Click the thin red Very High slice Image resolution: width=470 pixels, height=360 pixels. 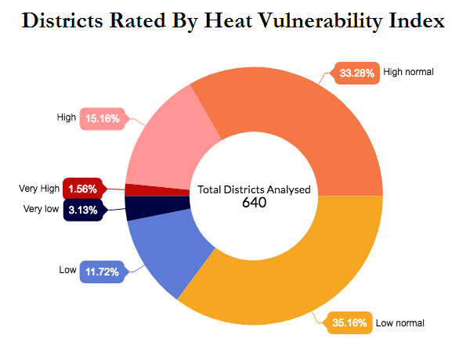coord(157,189)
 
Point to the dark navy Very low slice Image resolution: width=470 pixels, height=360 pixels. coord(157,208)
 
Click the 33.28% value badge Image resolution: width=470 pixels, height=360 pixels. coord(357,74)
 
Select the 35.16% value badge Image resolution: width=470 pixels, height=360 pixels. coord(349,322)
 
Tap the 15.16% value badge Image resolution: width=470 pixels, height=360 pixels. coord(103,119)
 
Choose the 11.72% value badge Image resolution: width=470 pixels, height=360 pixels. coord(103,272)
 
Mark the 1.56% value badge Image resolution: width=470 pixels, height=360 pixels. coord(82,189)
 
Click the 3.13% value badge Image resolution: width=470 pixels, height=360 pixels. coord(82,210)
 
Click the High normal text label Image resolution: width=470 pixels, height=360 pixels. coord(408,72)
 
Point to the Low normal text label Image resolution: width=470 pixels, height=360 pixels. coord(399,322)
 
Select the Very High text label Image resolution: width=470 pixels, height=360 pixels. coord(39,189)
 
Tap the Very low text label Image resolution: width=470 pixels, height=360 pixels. coord(41,209)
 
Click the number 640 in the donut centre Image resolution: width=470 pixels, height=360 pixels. coord(255,203)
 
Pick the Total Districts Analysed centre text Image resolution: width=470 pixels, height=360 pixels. coord(255,189)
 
